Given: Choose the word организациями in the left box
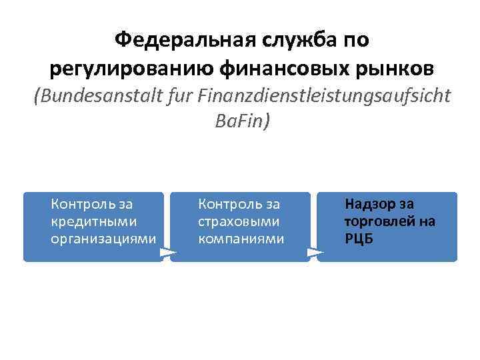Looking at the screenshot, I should (103, 238).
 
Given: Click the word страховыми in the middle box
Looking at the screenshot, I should (238, 221).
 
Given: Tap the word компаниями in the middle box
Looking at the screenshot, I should (241, 238).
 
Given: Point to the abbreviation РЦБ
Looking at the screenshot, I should (359, 238).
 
